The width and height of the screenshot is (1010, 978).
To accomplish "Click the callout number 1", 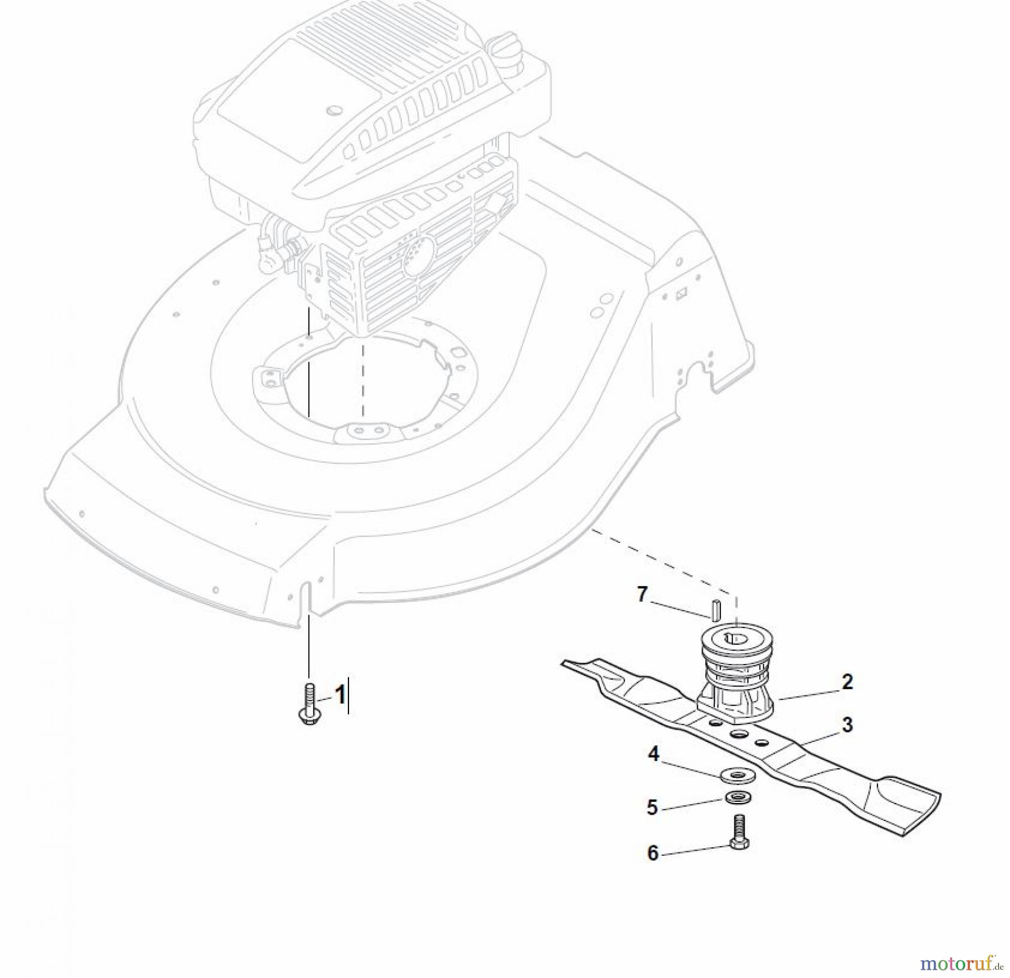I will click(x=339, y=696).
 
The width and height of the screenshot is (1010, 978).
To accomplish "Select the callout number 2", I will click(x=847, y=682).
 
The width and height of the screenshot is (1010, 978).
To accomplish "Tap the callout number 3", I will click(x=847, y=725).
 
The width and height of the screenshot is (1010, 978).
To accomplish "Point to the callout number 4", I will click(x=654, y=755).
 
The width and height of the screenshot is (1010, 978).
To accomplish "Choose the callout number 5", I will click(x=652, y=808).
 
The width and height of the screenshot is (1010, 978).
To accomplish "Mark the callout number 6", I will click(x=653, y=853).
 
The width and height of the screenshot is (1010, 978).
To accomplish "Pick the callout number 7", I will click(x=642, y=594).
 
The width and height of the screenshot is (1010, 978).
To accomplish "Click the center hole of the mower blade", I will click(x=738, y=734).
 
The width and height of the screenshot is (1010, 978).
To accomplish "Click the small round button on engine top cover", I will click(x=336, y=110).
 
